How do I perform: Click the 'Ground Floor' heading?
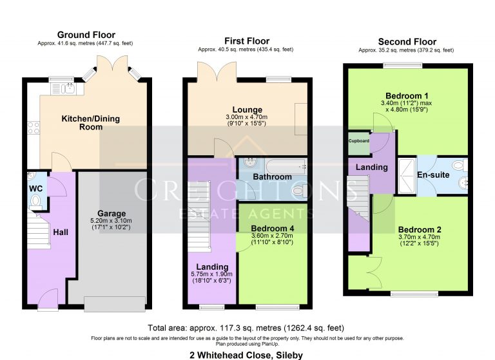tap(86, 35)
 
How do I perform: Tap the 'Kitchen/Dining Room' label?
tap(82, 123)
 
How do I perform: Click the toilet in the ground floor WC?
tap(35, 202)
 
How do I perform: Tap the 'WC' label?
tap(35, 189)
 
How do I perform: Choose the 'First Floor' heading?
tap(247, 41)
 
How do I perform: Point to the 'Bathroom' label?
tap(271, 177)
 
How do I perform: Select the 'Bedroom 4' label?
tap(272, 227)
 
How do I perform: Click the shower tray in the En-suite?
tap(407, 175)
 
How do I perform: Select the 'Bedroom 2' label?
tap(420, 229)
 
